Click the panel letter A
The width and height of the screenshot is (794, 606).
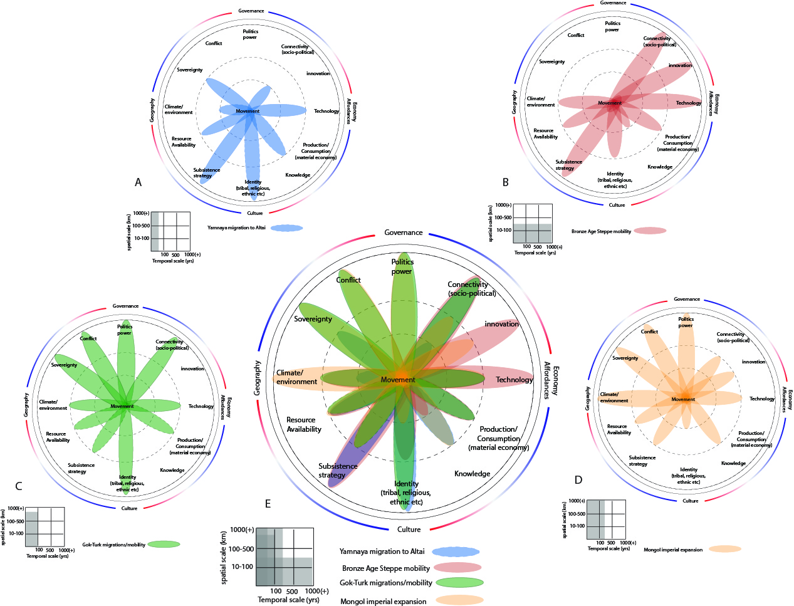tap(138, 182)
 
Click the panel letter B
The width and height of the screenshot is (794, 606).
tap(505, 182)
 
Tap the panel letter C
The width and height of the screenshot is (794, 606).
tap(19, 486)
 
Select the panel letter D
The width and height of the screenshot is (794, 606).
tap(578, 480)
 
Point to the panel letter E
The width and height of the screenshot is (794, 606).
tap(268, 504)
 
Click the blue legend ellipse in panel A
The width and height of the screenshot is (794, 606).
tap(287, 228)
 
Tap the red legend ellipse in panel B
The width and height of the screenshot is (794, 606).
tap(650, 231)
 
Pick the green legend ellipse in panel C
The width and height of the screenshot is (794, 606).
tap(163, 544)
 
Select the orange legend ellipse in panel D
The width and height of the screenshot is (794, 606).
tap(725, 549)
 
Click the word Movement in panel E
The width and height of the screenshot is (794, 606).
tap(398, 380)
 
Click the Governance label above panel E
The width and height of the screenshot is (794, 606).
tap(404, 232)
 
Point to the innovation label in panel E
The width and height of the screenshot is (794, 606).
tap(501, 324)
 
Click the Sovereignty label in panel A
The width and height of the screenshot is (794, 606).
tap(189, 70)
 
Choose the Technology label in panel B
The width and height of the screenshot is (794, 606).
tap(688, 103)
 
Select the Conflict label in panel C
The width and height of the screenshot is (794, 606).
tap(88, 338)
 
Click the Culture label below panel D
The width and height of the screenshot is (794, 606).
tap(690, 501)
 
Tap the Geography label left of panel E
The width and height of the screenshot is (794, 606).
tap(258, 378)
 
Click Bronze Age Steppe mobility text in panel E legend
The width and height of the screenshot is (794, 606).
tap(385, 568)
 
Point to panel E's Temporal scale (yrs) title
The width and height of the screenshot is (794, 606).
tap(288, 600)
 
